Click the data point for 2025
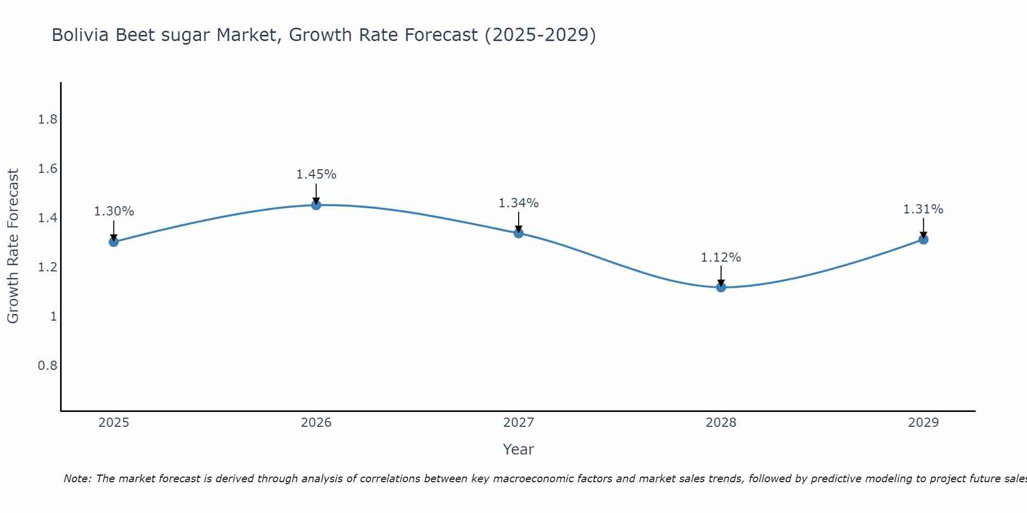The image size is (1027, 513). coord(114,242)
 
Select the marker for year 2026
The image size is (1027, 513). coord(316,205)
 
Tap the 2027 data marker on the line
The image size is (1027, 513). coord(519,233)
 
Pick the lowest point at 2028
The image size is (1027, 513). coord(721,287)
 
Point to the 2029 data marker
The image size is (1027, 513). coord(923,240)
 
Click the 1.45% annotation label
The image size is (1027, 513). coord(316,174)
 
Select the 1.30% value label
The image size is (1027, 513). coord(114,211)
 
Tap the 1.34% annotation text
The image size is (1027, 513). coord(519,203)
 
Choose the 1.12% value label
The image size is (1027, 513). coord(721,258)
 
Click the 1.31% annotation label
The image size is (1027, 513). coord(923,209)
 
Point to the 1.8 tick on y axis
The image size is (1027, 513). coord(48,120)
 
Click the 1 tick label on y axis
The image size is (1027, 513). coord(53,317)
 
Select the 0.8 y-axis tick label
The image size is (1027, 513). coord(48,366)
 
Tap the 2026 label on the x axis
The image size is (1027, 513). coord(316,423)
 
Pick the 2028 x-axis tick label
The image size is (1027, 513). coord(721,423)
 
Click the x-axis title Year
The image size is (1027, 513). coord(519,449)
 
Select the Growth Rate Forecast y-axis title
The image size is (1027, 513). coord(13,246)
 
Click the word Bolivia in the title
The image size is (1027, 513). coord(81,35)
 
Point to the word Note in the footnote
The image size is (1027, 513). coord(77,479)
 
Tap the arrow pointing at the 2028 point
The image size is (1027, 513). coord(721,276)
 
